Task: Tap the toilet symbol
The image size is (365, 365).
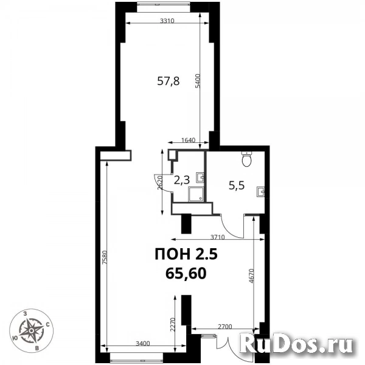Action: [246, 159]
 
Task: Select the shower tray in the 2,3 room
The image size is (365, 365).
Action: [196, 194]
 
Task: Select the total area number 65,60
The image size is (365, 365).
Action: [186, 274]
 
